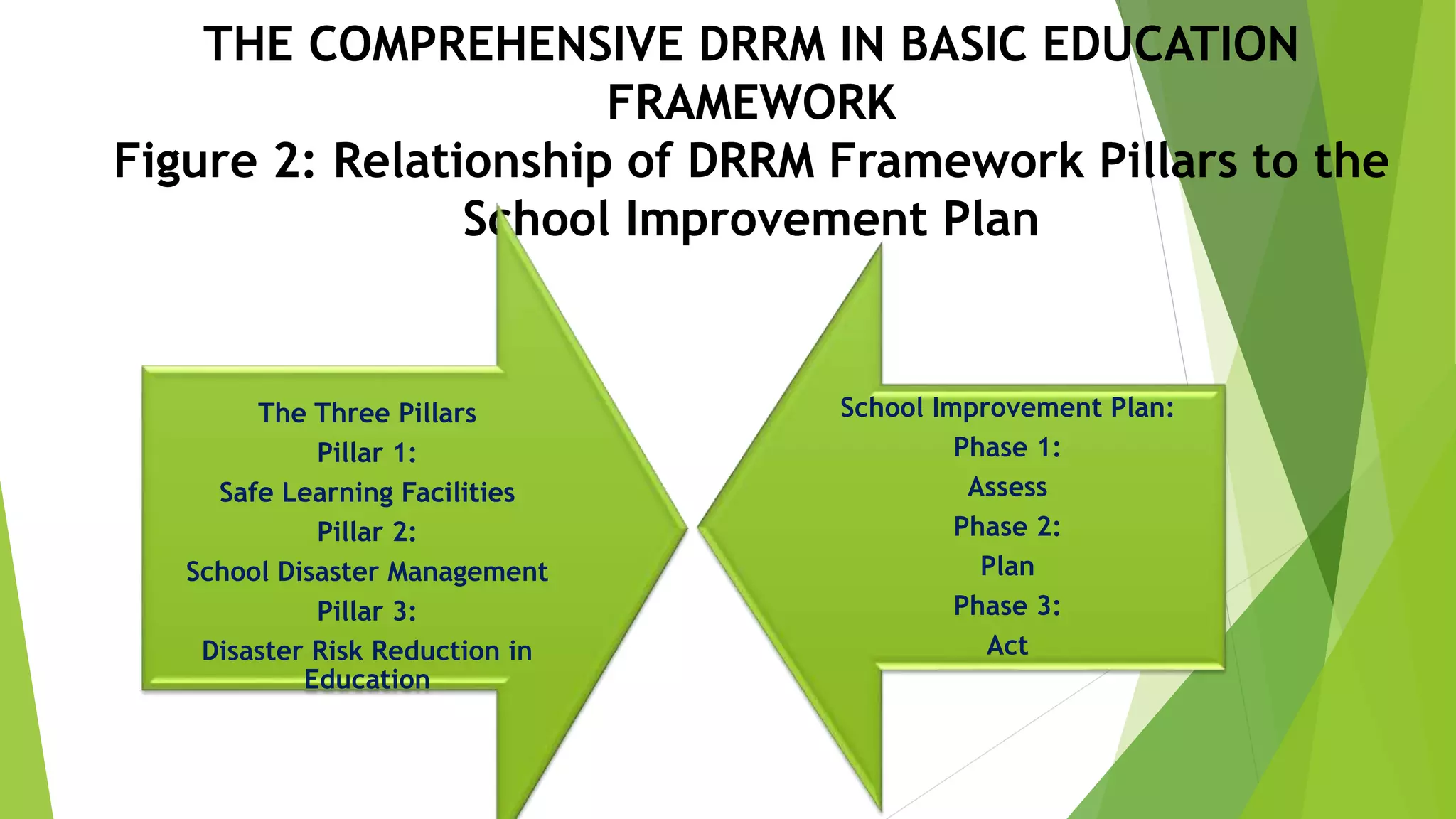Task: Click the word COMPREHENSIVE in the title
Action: tap(496, 45)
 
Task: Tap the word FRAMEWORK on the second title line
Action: tap(751, 103)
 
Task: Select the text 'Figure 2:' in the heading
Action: tap(215, 161)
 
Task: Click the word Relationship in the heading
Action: tap(473, 162)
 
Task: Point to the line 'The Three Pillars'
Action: tap(367, 413)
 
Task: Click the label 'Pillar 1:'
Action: tap(367, 453)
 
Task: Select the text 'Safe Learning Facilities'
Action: tap(367, 493)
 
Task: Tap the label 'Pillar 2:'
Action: tap(367, 532)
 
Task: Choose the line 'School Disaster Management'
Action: tap(367, 572)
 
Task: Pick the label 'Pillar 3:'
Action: tap(367, 611)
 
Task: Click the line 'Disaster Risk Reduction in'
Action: tap(367, 651)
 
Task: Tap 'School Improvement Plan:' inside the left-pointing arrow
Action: tap(1007, 408)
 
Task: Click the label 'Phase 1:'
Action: tap(1007, 448)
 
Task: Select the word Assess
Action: tap(1007, 488)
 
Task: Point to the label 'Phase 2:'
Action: tap(1007, 527)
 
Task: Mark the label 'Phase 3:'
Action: tap(1007, 606)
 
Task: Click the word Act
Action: tap(1007, 646)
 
